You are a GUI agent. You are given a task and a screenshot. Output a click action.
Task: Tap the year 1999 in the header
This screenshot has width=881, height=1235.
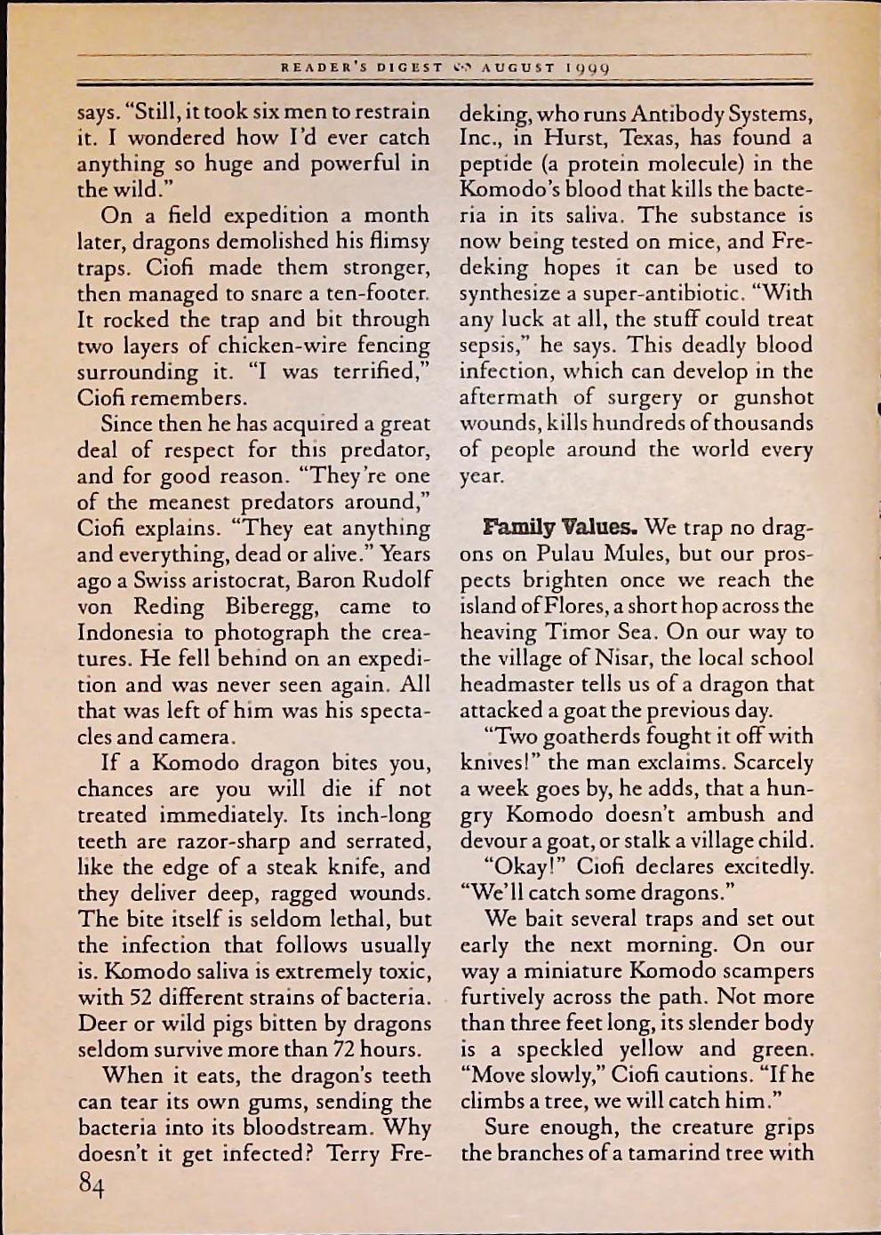(588, 68)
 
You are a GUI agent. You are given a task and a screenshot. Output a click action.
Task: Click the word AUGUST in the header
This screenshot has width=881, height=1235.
(519, 68)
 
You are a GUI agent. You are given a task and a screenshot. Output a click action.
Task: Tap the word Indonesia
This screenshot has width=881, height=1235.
(133, 633)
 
